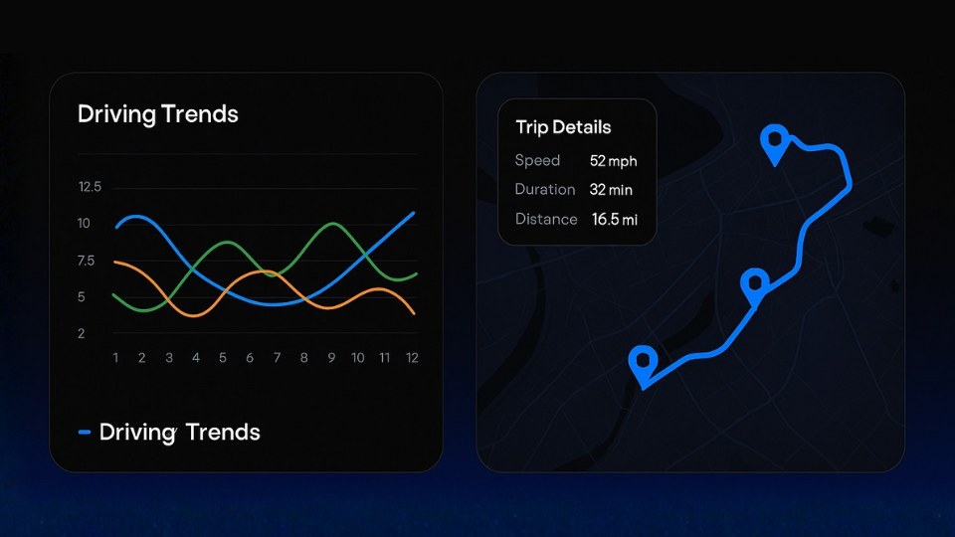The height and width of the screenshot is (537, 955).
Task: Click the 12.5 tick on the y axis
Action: coord(90,187)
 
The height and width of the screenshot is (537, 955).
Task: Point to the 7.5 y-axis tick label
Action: coord(86,261)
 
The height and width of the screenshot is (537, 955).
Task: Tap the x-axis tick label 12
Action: coord(412,358)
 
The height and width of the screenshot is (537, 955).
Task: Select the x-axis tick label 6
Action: coord(250,358)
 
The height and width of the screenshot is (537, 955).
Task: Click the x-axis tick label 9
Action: coord(331,358)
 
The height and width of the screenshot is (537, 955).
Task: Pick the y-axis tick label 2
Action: coord(81,334)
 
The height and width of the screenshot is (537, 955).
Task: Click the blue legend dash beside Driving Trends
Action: coord(85,433)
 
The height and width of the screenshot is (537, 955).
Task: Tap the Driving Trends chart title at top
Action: coord(158,114)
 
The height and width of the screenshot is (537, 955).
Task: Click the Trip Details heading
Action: coord(563,127)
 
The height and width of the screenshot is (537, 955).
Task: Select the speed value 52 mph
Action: coord(614,161)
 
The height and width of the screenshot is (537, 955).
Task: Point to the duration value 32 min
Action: coord(611,190)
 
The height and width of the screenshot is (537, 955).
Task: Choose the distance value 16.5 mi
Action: coord(615,219)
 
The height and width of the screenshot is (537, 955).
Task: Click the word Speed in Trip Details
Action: coord(537,161)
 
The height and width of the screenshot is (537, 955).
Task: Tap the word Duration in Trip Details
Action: coord(545,189)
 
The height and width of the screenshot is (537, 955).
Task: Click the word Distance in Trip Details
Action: coord(546,219)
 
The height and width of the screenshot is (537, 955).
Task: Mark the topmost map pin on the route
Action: coord(775,143)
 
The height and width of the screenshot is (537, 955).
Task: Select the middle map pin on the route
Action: coord(755,286)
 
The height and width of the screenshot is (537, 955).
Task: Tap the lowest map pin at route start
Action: coord(643,365)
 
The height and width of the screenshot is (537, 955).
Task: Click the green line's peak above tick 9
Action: coord(332,224)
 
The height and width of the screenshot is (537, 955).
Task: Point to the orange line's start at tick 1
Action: coord(115,262)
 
